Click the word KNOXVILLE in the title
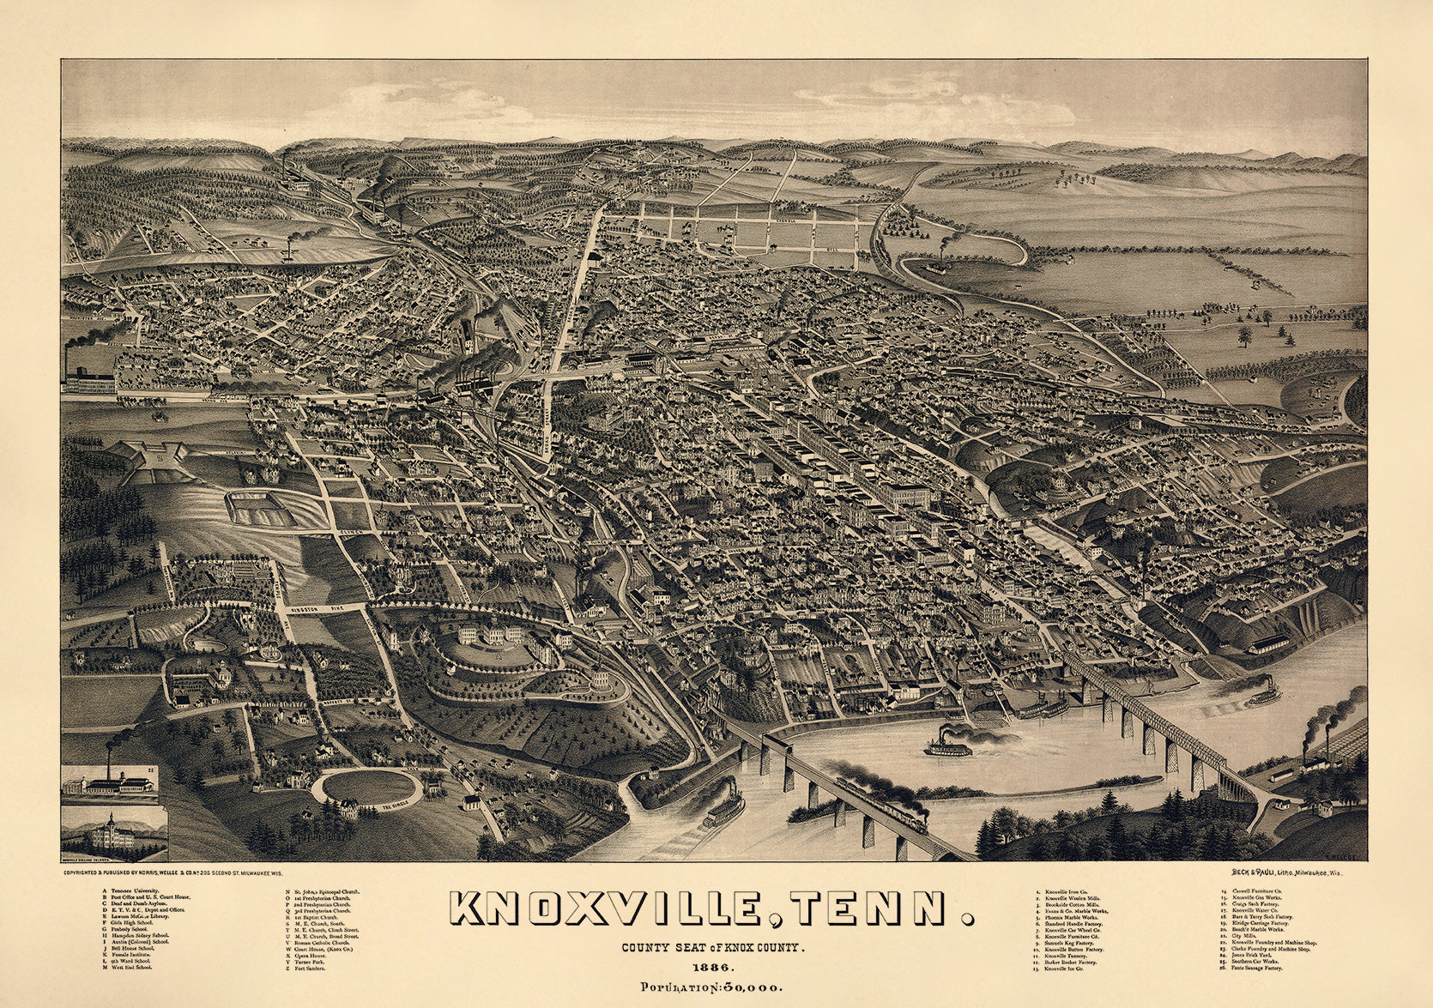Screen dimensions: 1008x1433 tap(606, 910)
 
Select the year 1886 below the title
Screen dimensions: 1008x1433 tap(710, 967)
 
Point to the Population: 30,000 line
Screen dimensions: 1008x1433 tap(711, 987)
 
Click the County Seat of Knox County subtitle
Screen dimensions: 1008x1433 tap(711, 948)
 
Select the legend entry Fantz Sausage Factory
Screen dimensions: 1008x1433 tap(1258, 968)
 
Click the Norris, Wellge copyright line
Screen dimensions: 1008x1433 tap(172, 872)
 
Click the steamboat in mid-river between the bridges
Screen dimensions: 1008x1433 tap(948, 746)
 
